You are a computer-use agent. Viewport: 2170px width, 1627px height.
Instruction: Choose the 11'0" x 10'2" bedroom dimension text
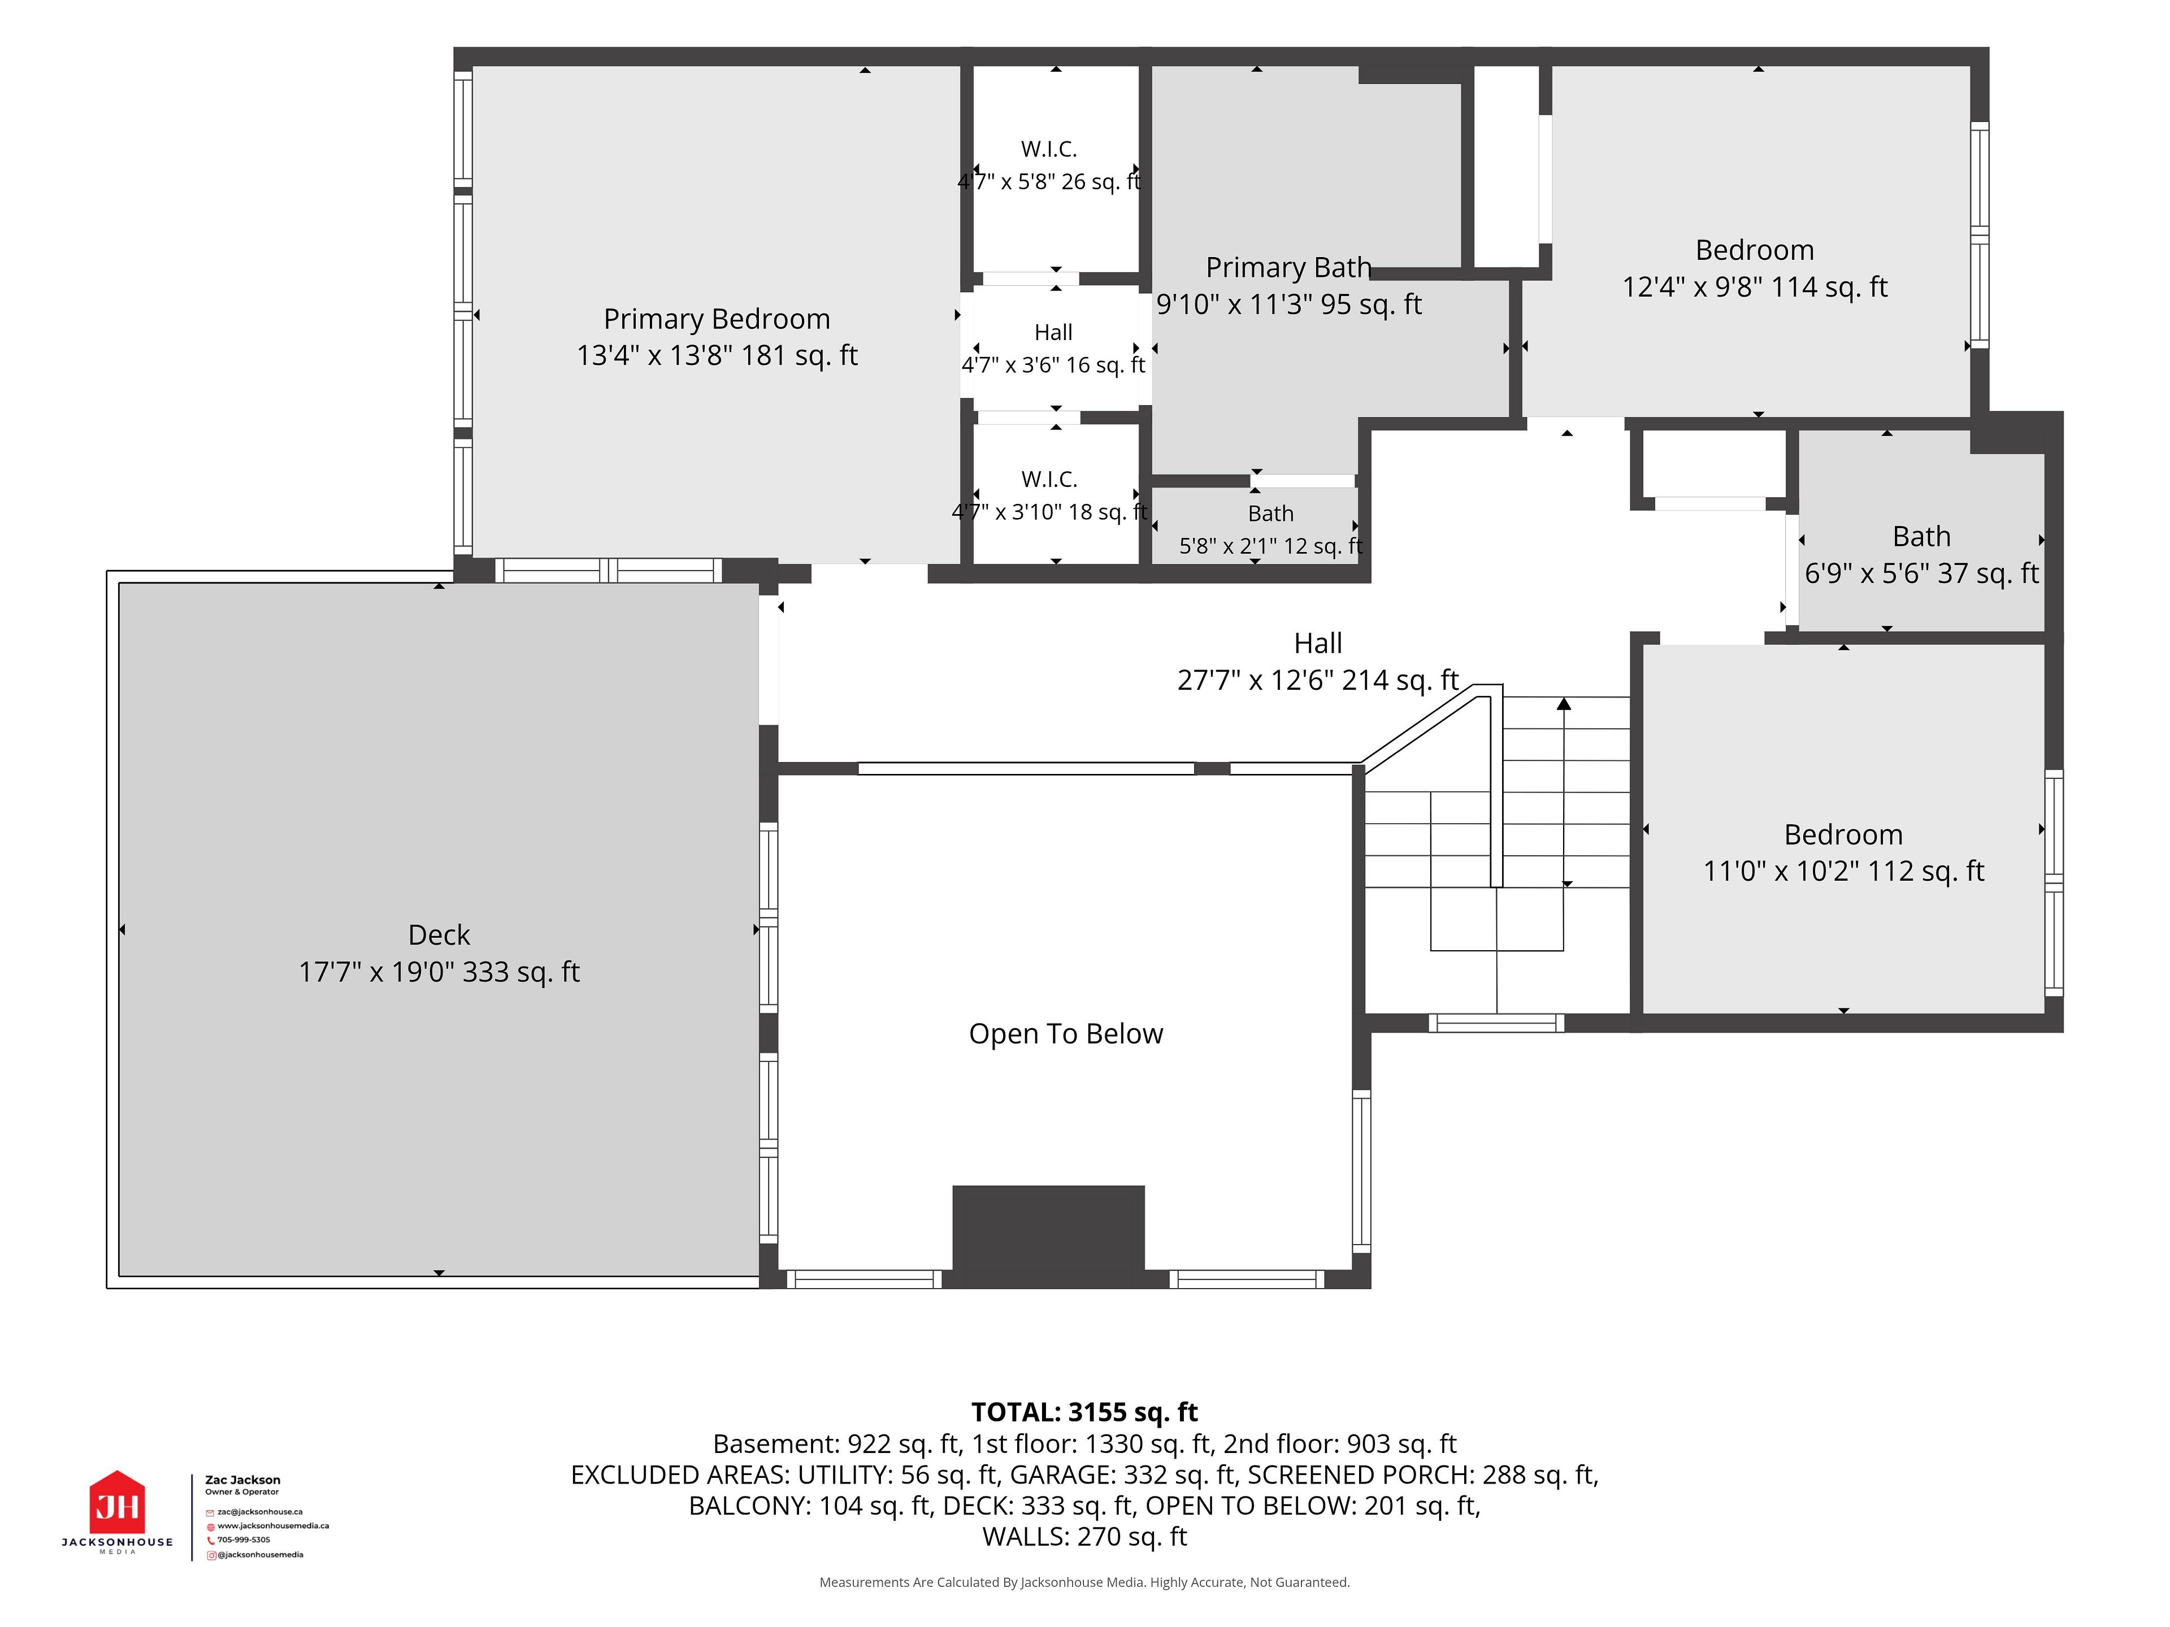[x=1843, y=871]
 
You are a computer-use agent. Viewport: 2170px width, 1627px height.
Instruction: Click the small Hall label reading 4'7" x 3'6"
[x=1053, y=365]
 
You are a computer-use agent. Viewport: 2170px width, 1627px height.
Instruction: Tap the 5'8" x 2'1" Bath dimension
[x=1270, y=546]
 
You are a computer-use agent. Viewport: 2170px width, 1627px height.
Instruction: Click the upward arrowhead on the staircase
[x=1564, y=703]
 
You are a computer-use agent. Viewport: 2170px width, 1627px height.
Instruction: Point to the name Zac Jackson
[x=242, y=1480]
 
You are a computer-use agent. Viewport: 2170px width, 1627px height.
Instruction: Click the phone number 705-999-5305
[x=244, y=1539]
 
